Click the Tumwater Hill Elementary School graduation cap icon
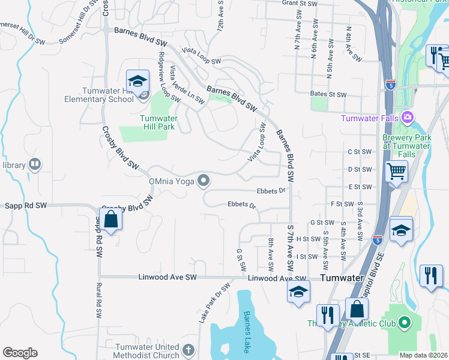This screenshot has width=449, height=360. tap(137, 81)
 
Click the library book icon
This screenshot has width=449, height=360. tap(35, 164)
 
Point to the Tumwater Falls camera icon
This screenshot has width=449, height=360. tap(408, 117)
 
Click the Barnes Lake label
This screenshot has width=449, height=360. tap(246, 331)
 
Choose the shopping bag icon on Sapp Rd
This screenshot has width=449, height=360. tap(111, 220)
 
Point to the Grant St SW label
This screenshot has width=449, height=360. tap(299, 4)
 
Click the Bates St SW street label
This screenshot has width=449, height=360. tap(329, 95)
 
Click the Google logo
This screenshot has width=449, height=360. tap(20, 352)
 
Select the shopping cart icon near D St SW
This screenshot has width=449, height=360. tap(397, 172)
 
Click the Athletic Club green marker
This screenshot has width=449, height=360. tap(405, 323)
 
